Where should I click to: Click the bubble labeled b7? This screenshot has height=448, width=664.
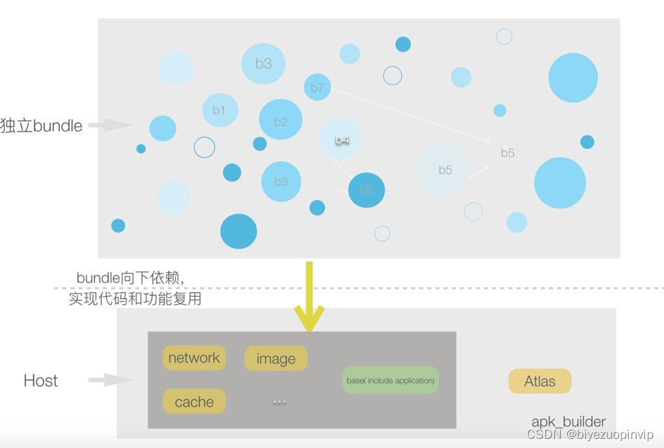coord(317,87)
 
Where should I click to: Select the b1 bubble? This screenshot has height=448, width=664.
coord(220,110)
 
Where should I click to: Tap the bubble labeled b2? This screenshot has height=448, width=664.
coord(281,121)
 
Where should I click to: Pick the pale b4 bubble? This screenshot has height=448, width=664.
coord(341,140)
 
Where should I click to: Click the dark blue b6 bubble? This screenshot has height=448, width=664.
coord(366,189)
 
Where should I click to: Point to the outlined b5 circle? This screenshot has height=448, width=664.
coord(507,153)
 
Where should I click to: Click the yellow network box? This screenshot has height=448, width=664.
coord(194,358)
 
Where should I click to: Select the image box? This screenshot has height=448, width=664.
coord(276,359)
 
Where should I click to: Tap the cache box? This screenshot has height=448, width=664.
coord(194,402)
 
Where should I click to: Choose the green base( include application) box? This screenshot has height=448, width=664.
coord(390,380)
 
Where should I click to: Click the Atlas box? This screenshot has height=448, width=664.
coord(539,381)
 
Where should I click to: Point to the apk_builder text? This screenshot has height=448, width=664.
coord(568,421)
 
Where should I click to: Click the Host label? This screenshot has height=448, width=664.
coord(41,380)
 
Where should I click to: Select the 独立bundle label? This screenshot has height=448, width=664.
coord(41,126)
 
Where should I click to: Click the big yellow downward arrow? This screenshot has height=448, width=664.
coord(309,299)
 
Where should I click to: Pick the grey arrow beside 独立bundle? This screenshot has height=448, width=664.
coord(110,125)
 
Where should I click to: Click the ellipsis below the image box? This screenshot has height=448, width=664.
coord(279,402)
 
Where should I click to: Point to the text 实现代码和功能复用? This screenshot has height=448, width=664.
coord(135,298)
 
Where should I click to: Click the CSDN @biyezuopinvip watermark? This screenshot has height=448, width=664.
coord(589,435)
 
